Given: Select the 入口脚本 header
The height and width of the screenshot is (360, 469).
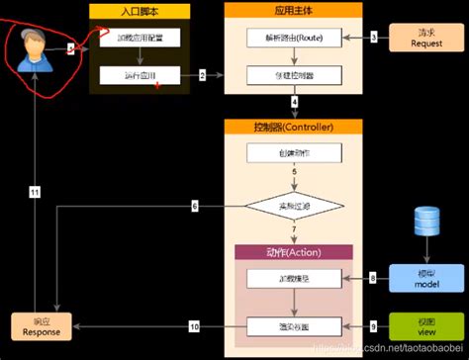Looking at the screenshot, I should [x=139, y=10].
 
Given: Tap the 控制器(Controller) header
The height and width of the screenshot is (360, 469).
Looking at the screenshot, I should [x=294, y=128].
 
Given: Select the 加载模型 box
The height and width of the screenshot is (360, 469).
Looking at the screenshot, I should [x=294, y=280].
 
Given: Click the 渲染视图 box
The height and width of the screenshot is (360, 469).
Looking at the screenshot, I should [x=294, y=325].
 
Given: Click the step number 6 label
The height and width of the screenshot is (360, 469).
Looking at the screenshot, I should [x=195, y=206].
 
